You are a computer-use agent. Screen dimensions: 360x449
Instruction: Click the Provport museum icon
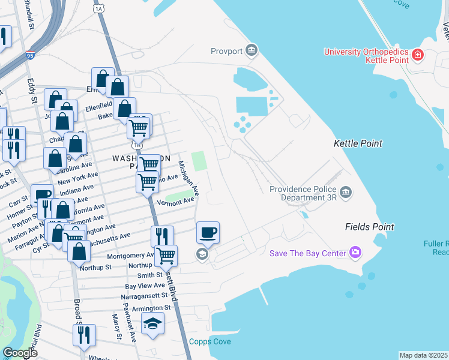pyautogui.click(x=252, y=50)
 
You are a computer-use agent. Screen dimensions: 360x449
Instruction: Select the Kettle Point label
pyautogui.click(x=358, y=144)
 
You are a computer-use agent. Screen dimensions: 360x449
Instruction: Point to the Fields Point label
pyautogui.click(x=369, y=227)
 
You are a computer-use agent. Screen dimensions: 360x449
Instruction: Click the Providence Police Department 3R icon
pyautogui.click(x=346, y=192)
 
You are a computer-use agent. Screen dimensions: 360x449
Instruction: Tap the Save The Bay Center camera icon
pyautogui.click(x=356, y=253)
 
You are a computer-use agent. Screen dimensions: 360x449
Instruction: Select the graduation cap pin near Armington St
pyautogui.click(x=153, y=325)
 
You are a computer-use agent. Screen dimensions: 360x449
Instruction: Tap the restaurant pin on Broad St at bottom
pyautogui.click(x=84, y=334)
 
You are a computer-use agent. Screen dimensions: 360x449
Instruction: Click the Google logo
pyautogui.click(x=20, y=353)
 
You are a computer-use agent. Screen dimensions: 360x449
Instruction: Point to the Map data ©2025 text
pyautogui.click(x=423, y=355)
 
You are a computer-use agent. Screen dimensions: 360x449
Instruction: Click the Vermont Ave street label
pyautogui.click(x=176, y=202)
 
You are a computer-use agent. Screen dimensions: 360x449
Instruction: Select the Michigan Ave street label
pyautogui.click(x=188, y=176)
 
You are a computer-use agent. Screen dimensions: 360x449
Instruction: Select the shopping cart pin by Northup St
pyautogui.click(x=166, y=255)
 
